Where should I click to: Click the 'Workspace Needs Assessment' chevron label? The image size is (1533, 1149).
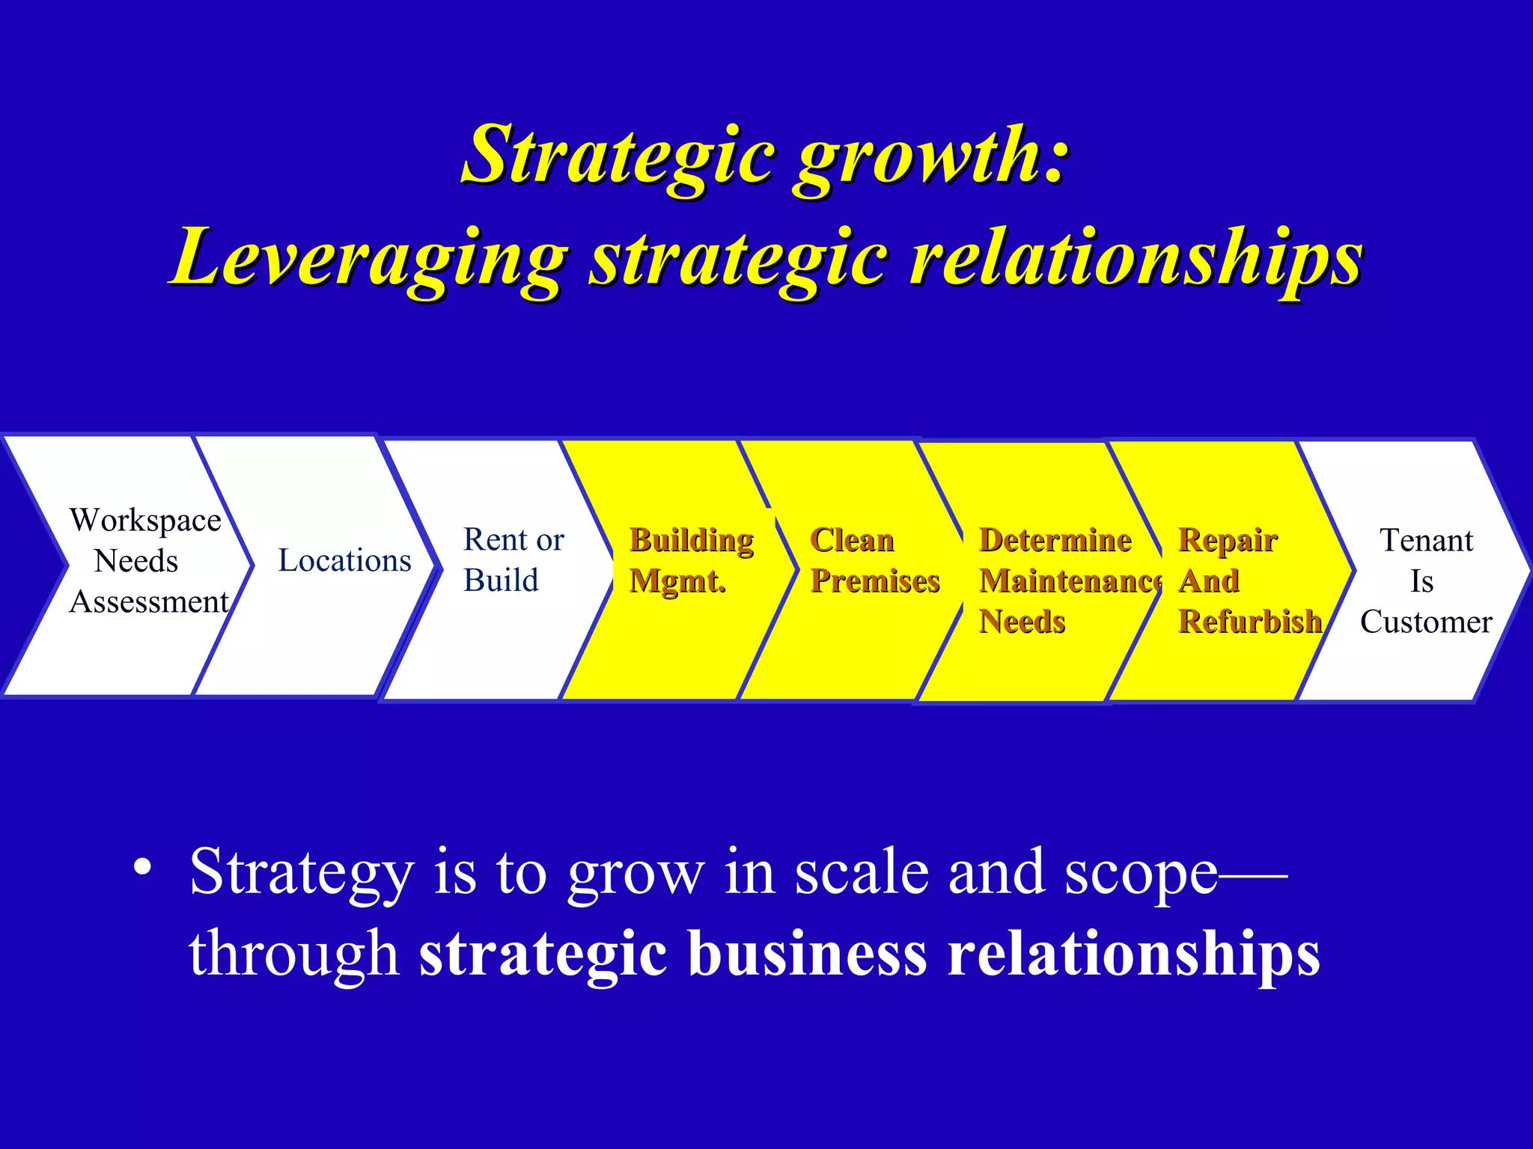147,561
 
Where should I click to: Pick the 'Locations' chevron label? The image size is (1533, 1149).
344,561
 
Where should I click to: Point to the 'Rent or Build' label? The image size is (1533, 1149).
513,560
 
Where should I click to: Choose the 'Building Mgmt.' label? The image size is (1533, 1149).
691,560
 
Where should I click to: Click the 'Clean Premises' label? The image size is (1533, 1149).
874,560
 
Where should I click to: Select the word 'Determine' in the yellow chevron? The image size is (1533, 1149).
1055,540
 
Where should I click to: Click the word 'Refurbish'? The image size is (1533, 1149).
1249,622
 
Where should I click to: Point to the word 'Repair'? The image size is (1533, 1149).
1228,540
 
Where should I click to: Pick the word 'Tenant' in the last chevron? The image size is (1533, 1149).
1426,540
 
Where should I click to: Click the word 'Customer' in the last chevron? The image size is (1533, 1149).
1426,622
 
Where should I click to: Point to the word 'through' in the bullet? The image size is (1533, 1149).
293,955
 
